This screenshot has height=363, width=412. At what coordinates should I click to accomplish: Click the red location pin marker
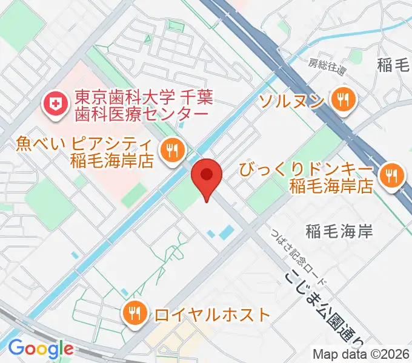207,176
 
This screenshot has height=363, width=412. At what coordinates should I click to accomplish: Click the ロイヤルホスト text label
211,315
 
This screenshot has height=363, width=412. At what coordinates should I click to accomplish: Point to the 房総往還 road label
327,66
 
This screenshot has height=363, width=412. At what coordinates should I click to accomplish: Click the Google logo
40,348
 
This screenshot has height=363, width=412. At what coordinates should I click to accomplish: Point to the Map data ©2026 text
361,354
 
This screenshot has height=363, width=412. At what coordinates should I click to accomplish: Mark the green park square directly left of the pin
182,197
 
